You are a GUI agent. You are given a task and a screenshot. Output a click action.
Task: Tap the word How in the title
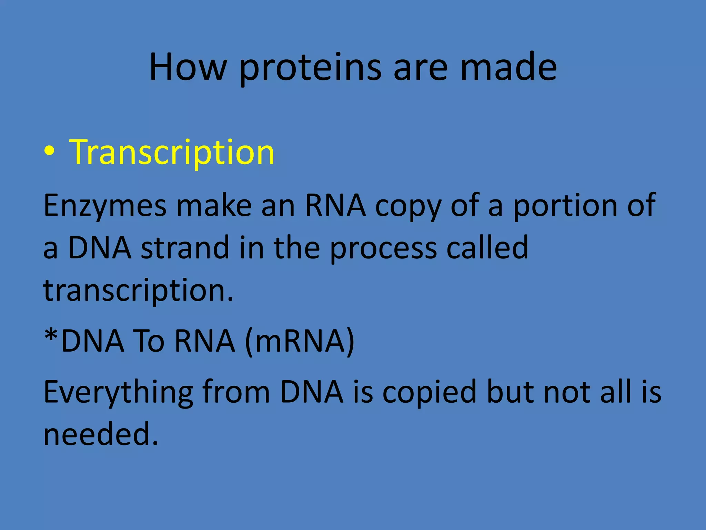coord(188,67)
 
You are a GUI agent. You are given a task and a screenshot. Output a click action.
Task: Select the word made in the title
coord(508,67)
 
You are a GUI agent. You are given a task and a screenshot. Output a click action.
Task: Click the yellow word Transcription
coord(172,152)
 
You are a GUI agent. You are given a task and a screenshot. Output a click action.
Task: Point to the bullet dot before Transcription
coord(49,152)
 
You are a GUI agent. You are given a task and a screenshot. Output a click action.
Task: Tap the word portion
coord(565,206)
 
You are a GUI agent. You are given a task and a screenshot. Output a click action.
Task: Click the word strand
coord(185,248)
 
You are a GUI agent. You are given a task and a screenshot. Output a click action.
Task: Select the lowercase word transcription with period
coord(138,290)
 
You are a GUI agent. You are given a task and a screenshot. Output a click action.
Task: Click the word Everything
coord(118,393)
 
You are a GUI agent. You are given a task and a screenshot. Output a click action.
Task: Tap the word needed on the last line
coord(101,434)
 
